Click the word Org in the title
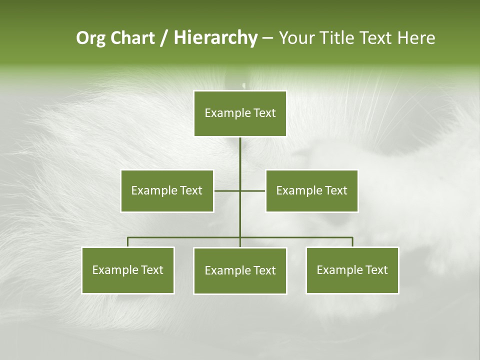coord(91,38)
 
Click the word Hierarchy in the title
coord(215,38)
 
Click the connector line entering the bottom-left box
coord(128,242)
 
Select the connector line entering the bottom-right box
coord(352,242)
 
